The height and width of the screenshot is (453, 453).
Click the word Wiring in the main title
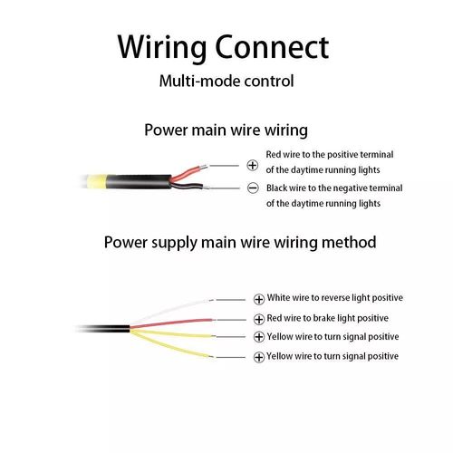click(x=162, y=47)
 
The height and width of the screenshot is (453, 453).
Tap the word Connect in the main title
click(x=272, y=47)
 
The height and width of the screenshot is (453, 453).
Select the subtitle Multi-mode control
click(x=226, y=81)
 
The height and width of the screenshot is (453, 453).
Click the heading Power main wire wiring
click(x=226, y=130)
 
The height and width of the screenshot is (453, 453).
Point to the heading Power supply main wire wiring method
click(x=240, y=243)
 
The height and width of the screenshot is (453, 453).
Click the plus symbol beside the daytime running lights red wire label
click(x=253, y=166)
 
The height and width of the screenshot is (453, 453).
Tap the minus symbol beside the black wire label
click(x=253, y=188)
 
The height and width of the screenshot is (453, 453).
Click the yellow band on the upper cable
click(x=97, y=181)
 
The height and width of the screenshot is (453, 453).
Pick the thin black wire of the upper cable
click(x=188, y=185)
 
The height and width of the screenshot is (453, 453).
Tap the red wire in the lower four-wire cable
click(x=171, y=323)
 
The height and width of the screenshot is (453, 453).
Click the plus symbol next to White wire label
click(x=259, y=299)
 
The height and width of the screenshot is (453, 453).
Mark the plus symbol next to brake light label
click(x=259, y=319)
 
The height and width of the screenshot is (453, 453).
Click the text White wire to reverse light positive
click(x=335, y=298)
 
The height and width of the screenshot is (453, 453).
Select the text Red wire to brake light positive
click(x=328, y=318)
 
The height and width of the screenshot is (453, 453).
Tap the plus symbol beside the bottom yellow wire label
click(x=259, y=357)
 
